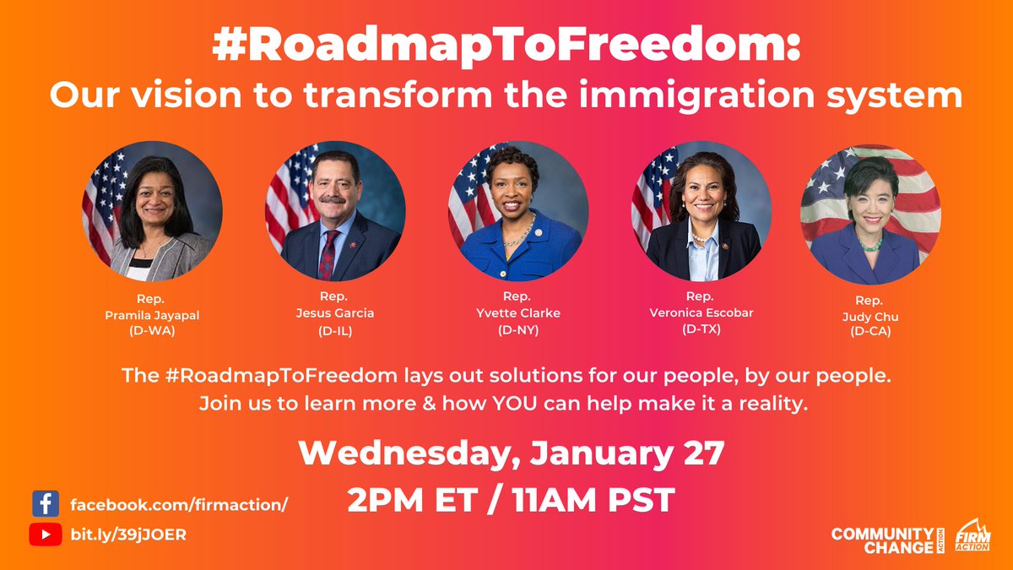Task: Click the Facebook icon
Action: pyautogui.click(x=45, y=504)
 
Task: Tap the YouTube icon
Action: pyautogui.click(x=45, y=535)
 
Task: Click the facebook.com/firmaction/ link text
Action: pyautogui.click(x=179, y=504)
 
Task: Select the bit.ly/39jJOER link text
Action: pyautogui.click(x=128, y=535)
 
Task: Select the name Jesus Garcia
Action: pyautogui.click(x=335, y=312)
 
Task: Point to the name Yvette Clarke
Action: pyautogui.click(x=517, y=312)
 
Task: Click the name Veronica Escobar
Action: pyautogui.click(x=700, y=312)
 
